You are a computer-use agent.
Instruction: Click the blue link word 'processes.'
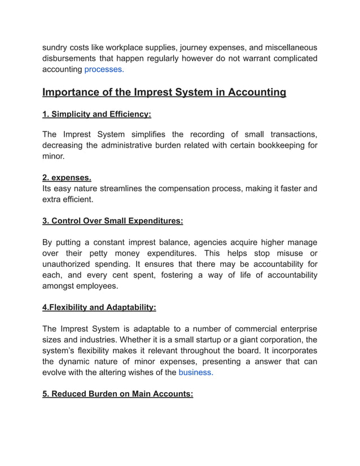104,70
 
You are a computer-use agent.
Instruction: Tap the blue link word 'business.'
196,372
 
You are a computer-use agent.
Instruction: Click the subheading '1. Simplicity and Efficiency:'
96,114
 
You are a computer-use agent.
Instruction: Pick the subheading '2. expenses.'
67,178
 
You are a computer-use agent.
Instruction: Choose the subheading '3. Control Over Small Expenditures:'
113,221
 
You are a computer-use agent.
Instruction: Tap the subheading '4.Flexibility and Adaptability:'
99,307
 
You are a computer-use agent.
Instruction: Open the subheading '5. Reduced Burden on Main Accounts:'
118,394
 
